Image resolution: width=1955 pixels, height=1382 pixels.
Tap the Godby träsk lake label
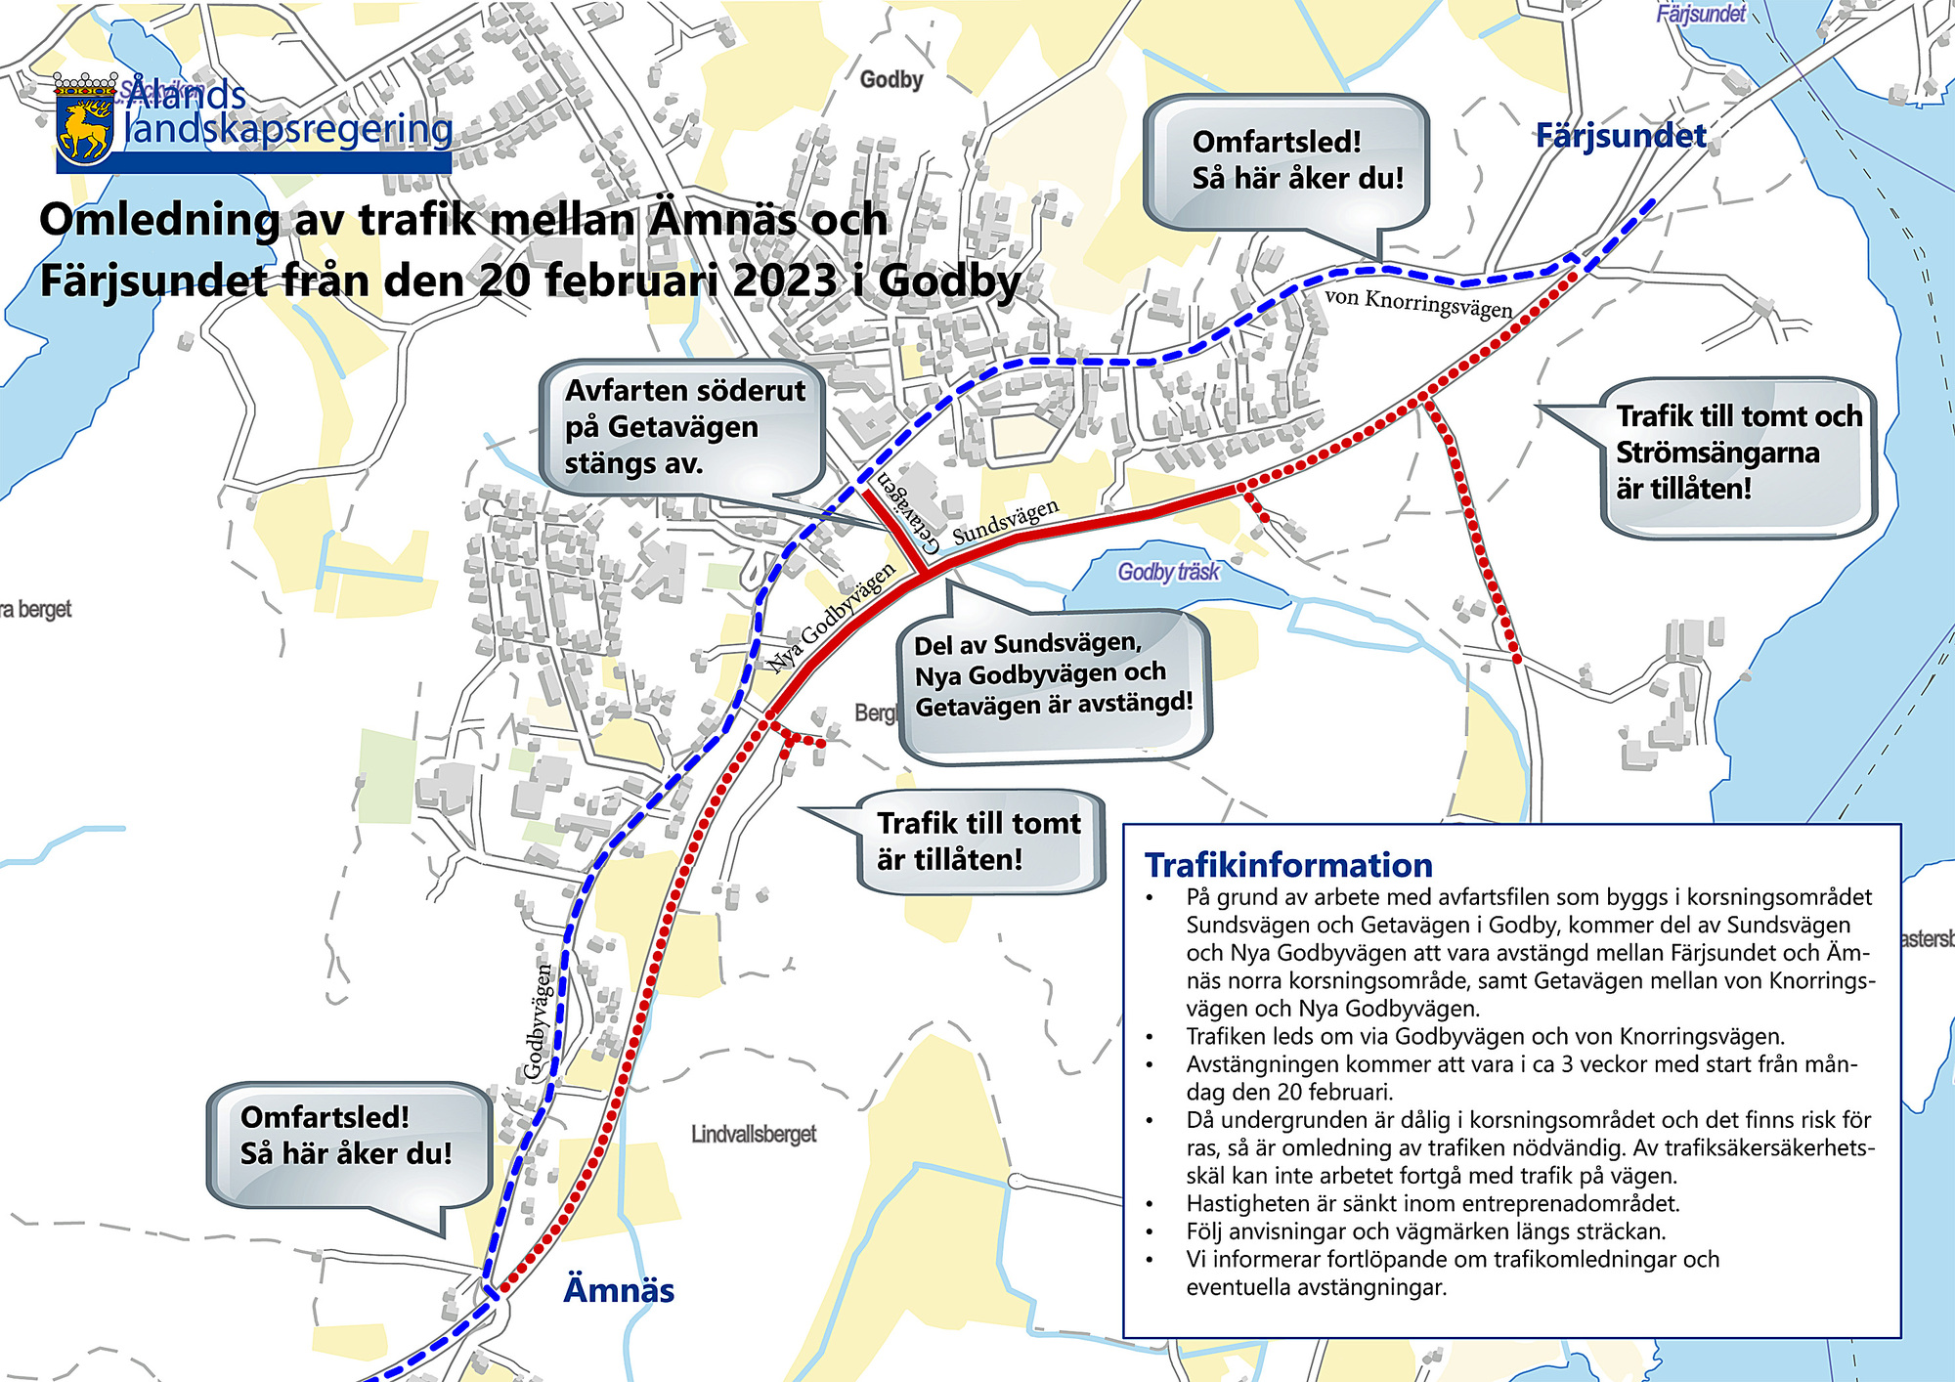pos(1168,572)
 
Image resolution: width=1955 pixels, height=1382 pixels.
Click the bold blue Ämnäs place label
pos(619,1290)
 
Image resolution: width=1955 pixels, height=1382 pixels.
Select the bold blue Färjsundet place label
pos(1621,136)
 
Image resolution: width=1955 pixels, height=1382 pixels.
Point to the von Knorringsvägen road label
pos(1418,303)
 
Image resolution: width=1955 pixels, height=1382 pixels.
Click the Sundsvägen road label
pos(1005,522)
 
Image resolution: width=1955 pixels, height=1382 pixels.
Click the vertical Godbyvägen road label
pos(538,1021)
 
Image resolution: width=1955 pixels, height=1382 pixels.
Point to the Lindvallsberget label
pos(753,1135)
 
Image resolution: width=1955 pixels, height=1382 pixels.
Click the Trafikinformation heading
pos(1288,865)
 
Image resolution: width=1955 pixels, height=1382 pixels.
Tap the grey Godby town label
pos(891,79)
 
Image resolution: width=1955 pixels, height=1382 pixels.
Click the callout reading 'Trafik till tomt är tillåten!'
pos(978,842)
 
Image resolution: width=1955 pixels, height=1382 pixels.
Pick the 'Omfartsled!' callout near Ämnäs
pos(346,1136)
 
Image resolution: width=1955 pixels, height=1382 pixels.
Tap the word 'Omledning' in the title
pos(159,220)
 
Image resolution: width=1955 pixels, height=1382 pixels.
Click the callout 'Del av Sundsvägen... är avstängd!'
pos(1053,675)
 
